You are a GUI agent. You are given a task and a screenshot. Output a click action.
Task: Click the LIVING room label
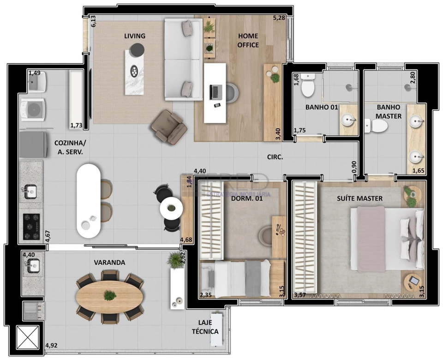(x=134, y=36)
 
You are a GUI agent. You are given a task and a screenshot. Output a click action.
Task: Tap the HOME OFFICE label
(x=248, y=40)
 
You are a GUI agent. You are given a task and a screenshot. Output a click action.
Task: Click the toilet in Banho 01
(x=308, y=86)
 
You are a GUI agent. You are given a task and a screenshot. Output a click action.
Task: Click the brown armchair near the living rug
(x=169, y=126)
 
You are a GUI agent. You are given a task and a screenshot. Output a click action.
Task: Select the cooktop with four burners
(x=31, y=226)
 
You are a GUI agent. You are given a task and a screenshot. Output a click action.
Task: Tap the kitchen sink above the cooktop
(x=30, y=191)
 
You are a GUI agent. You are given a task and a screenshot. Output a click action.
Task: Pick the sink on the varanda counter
(x=33, y=265)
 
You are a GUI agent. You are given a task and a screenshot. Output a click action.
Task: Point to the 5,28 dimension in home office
(x=279, y=18)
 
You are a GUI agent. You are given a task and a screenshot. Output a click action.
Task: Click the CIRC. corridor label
(x=275, y=157)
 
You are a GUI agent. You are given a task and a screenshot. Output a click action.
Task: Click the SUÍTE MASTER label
(x=359, y=198)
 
